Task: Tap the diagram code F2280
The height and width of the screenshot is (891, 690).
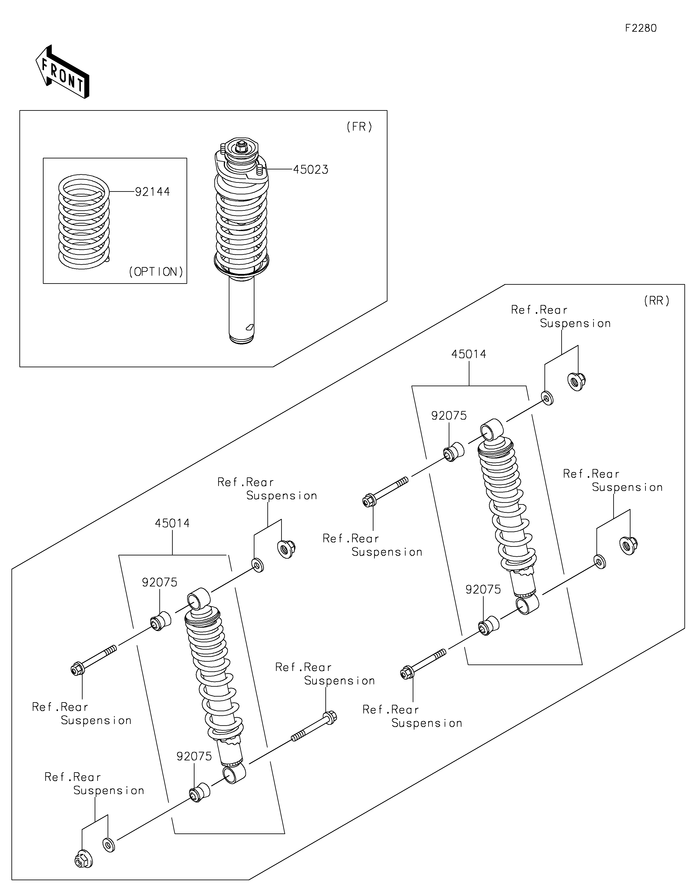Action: coord(641,28)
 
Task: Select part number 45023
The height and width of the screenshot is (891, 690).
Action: coord(310,170)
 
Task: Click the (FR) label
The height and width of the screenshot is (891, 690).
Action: coord(359,127)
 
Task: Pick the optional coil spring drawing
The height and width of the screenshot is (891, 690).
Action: coord(84,222)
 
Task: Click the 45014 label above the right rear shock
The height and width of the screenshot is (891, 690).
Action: coord(469,354)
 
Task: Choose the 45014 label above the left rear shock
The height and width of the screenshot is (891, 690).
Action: coord(172,524)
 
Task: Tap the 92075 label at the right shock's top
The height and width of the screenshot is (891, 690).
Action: coord(449,416)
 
